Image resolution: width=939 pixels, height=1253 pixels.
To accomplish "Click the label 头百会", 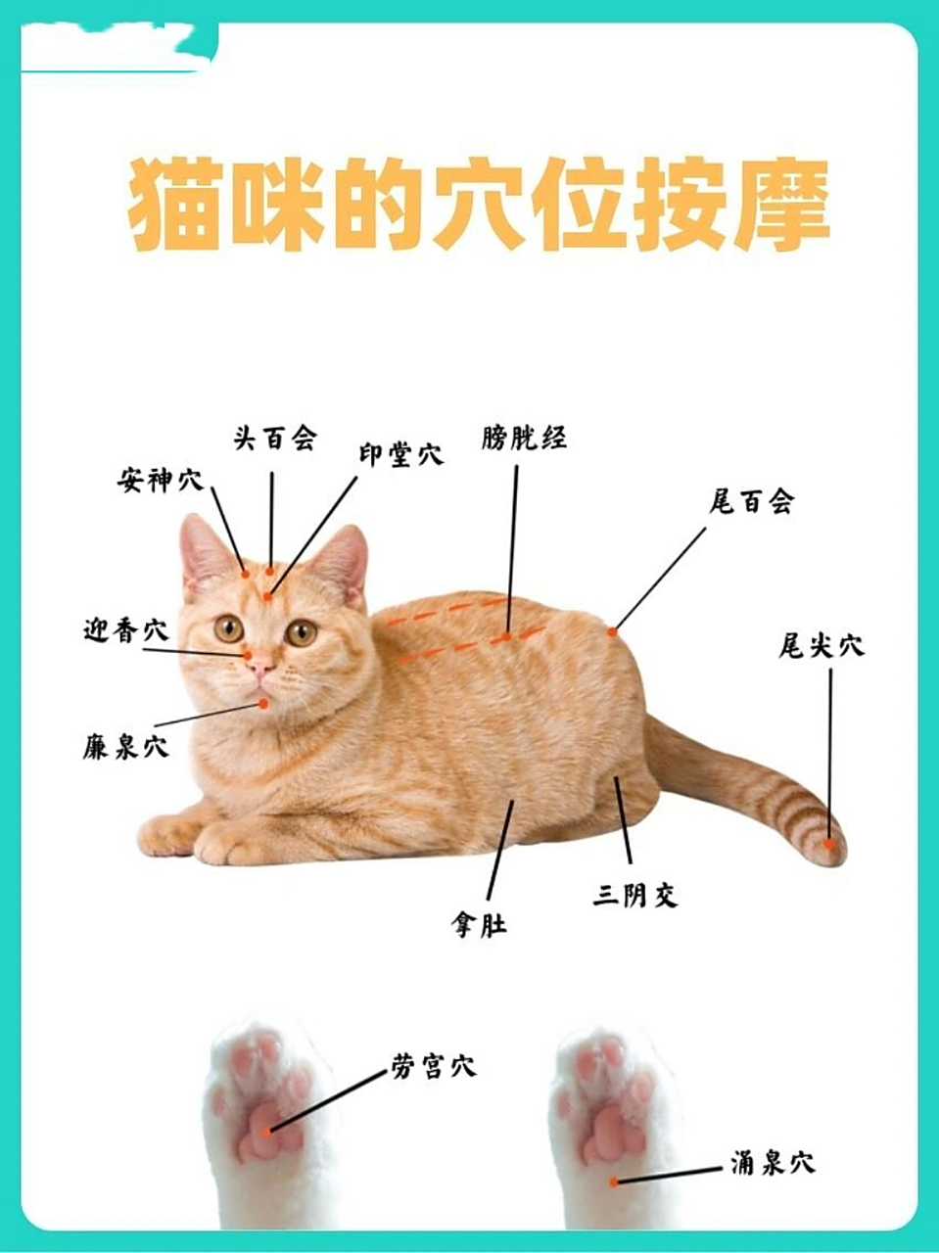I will pos(275,438).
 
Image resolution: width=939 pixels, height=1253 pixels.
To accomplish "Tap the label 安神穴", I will pos(161,480).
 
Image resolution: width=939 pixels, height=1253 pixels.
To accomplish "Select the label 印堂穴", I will pos(399,454).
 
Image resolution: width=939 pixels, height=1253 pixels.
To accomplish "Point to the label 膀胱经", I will pos(524,438).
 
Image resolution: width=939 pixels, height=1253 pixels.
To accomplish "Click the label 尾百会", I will pos(751,502).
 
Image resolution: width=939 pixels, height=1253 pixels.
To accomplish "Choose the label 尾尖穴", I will pos(822,646).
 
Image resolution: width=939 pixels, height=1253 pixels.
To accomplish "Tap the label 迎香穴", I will pos(126,630).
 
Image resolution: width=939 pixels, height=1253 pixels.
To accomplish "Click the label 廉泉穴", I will pos(125,748).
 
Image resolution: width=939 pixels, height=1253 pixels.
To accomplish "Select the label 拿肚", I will pos(480,923).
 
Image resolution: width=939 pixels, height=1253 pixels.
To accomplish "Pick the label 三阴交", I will pos(635,894).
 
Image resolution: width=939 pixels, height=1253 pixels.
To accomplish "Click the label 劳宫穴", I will pos(433,1065).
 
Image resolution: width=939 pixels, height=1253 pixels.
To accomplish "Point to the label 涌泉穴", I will pos(773,1163).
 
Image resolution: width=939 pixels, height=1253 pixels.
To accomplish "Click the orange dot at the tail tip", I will pos(829,843).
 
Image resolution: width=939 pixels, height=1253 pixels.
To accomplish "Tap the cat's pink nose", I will pos(260,669).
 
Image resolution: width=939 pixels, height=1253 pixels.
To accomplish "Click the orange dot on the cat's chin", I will pos(263,703).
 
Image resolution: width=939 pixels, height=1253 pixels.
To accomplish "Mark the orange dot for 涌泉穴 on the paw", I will pos(614,1182).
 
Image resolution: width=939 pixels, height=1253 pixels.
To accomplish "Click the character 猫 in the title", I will pos(175,206).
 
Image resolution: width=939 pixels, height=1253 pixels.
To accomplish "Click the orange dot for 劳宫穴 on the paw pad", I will pos(270,1131).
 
